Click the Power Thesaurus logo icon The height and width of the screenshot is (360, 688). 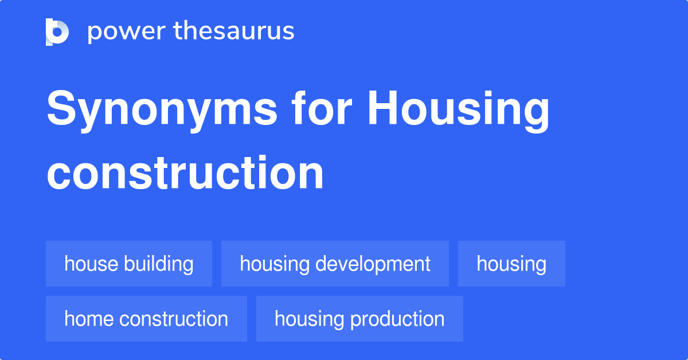[x=57, y=32]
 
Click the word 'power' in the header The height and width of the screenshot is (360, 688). [x=127, y=32]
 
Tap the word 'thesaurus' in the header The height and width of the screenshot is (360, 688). [x=234, y=30]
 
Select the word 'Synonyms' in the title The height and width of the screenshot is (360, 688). [x=162, y=111]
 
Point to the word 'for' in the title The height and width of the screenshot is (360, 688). [x=322, y=108]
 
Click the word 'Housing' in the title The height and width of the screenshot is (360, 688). [x=459, y=111]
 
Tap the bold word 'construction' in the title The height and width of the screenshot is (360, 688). [x=185, y=173]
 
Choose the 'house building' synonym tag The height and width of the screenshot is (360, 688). [x=129, y=264]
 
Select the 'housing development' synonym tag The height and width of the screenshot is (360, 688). [x=335, y=264]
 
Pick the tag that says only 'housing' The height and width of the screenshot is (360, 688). [x=511, y=264]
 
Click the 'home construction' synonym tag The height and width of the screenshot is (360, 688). [x=147, y=319]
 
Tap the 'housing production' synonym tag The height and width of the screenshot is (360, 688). [x=359, y=319]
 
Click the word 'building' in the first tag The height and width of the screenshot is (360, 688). [x=159, y=264]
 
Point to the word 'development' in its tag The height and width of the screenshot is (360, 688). [x=373, y=264]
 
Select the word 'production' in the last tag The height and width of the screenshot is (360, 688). [x=397, y=319]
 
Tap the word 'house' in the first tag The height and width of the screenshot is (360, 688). [x=91, y=263]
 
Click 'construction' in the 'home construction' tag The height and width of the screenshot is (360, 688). [x=174, y=319]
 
